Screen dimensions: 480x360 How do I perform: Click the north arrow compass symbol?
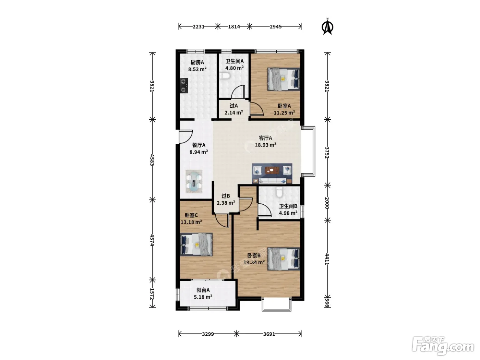(x=327, y=27)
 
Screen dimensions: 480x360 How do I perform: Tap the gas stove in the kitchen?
(x=184, y=86)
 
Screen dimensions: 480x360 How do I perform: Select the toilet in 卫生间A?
(x=225, y=76)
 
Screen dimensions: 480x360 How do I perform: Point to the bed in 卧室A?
(x=284, y=79)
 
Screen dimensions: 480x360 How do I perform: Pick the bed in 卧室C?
(x=196, y=244)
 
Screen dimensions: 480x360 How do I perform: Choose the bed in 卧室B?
(x=284, y=259)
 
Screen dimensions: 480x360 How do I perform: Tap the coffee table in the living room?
(x=272, y=170)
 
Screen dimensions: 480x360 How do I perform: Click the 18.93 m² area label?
(x=265, y=145)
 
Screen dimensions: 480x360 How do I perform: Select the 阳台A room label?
(x=203, y=290)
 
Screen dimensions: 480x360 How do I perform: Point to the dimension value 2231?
(x=199, y=27)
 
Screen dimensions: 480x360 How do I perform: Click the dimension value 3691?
(x=269, y=334)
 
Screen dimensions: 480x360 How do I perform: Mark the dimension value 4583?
(x=153, y=160)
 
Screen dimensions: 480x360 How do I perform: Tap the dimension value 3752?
(x=327, y=152)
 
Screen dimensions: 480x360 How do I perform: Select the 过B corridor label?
(x=226, y=196)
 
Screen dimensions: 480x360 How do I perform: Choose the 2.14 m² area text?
(x=234, y=112)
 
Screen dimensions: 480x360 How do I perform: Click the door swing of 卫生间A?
(x=238, y=92)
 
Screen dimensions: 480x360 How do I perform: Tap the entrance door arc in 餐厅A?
(x=186, y=137)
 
